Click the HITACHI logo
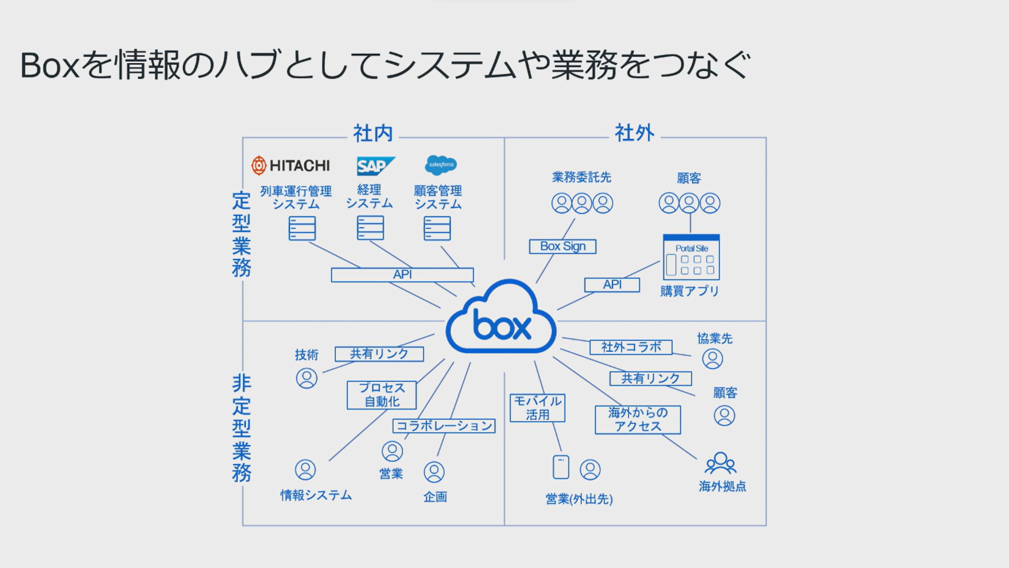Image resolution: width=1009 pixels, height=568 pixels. coord(291,165)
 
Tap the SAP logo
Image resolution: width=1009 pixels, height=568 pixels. coord(375,166)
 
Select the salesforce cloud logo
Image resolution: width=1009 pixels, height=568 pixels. coord(441,165)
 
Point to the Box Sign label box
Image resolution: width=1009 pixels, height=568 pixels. coord(562,246)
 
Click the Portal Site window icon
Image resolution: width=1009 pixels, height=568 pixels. coord(691,257)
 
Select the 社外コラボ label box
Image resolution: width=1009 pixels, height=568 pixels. coord(631,347)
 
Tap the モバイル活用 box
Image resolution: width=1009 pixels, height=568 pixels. coord(538,408)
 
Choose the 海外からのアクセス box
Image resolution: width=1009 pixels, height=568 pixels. coord(637,420)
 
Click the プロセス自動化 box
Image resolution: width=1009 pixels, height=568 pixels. coord(382,395)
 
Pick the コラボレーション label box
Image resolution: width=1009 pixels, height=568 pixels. coord(444,425)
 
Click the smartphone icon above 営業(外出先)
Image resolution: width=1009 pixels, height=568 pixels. coord(561,467)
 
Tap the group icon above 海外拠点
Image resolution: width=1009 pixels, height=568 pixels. coord(720,463)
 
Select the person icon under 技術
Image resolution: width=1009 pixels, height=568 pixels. coord(306,378)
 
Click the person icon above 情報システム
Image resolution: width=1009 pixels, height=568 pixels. coord(305,470)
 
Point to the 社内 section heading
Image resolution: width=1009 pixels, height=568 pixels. coord(373,134)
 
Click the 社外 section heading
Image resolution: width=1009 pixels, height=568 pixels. coord(634,133)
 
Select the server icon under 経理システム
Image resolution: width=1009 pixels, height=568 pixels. coord(370,228)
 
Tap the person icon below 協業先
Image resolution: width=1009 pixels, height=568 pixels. coord(713,359)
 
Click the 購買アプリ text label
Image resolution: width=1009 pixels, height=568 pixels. coord(689,291)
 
